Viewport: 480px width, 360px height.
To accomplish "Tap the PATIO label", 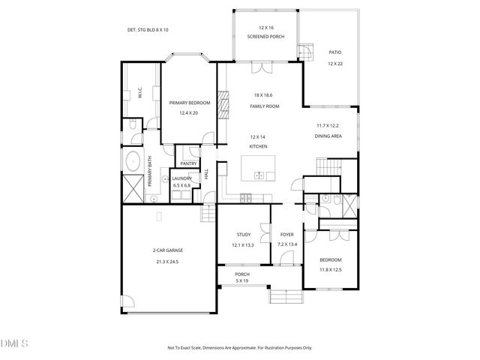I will coord(334,52).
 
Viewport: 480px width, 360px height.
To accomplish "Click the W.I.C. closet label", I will coord(140,94).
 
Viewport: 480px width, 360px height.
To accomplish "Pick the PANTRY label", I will coord(188,163).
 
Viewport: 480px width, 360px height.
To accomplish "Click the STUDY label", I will coord(243,235).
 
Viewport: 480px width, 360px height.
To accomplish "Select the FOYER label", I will coord(286,235).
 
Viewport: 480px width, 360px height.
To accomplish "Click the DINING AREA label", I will coord(328,136).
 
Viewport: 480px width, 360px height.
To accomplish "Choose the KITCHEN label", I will coord(259,146).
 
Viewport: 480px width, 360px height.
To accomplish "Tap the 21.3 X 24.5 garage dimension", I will coord(167,262).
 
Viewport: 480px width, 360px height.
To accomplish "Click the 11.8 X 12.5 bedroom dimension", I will coord(331,270).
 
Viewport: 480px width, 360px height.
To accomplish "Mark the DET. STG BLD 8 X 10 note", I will coord(148,30).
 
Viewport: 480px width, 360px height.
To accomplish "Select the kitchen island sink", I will coord(259,175).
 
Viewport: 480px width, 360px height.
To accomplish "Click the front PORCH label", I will coord(242,274).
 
